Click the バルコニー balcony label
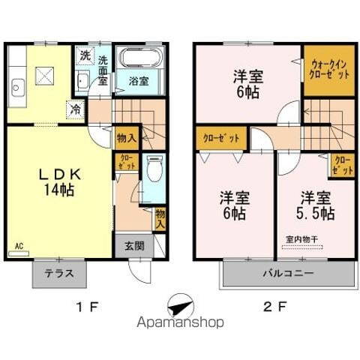pyautogui.click(x=288, y=274)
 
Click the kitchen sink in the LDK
pyautogui.click(x=16, y=87)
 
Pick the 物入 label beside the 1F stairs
pyautogui.click(x=126, y=138)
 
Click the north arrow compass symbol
pyautogui.click(x=180, y=304)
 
